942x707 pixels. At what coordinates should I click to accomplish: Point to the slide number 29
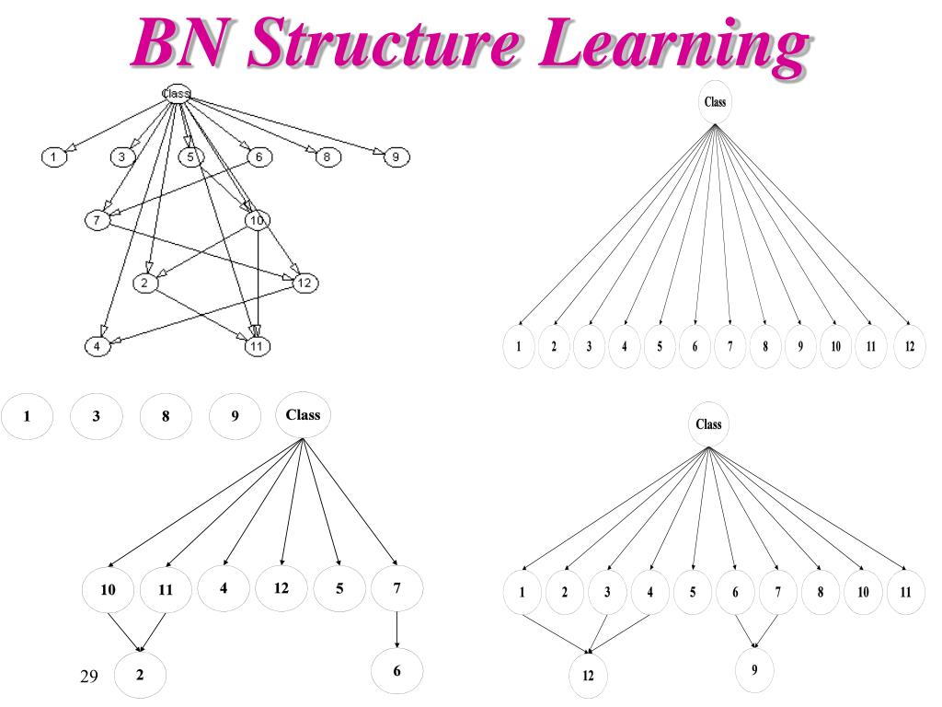point(88,677)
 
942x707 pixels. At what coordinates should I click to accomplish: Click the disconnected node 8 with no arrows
point(166,416)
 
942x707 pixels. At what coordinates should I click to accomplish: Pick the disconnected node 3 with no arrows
point(96,416)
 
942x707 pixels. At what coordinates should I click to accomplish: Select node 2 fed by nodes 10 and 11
point(140,674)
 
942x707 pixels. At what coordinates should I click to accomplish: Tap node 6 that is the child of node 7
point(396,671)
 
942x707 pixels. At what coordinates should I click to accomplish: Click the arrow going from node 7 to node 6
point(396,630)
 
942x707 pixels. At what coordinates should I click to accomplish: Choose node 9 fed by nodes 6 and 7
point(754,670)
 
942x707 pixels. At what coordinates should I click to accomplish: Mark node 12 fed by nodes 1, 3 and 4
point(589,676)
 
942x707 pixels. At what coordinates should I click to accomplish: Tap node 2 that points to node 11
point(145,284)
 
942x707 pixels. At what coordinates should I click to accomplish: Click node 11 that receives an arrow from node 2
point(257,346)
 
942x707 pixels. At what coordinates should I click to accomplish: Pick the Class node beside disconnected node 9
point(303,415)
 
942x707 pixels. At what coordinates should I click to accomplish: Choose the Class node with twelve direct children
point(715,102)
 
